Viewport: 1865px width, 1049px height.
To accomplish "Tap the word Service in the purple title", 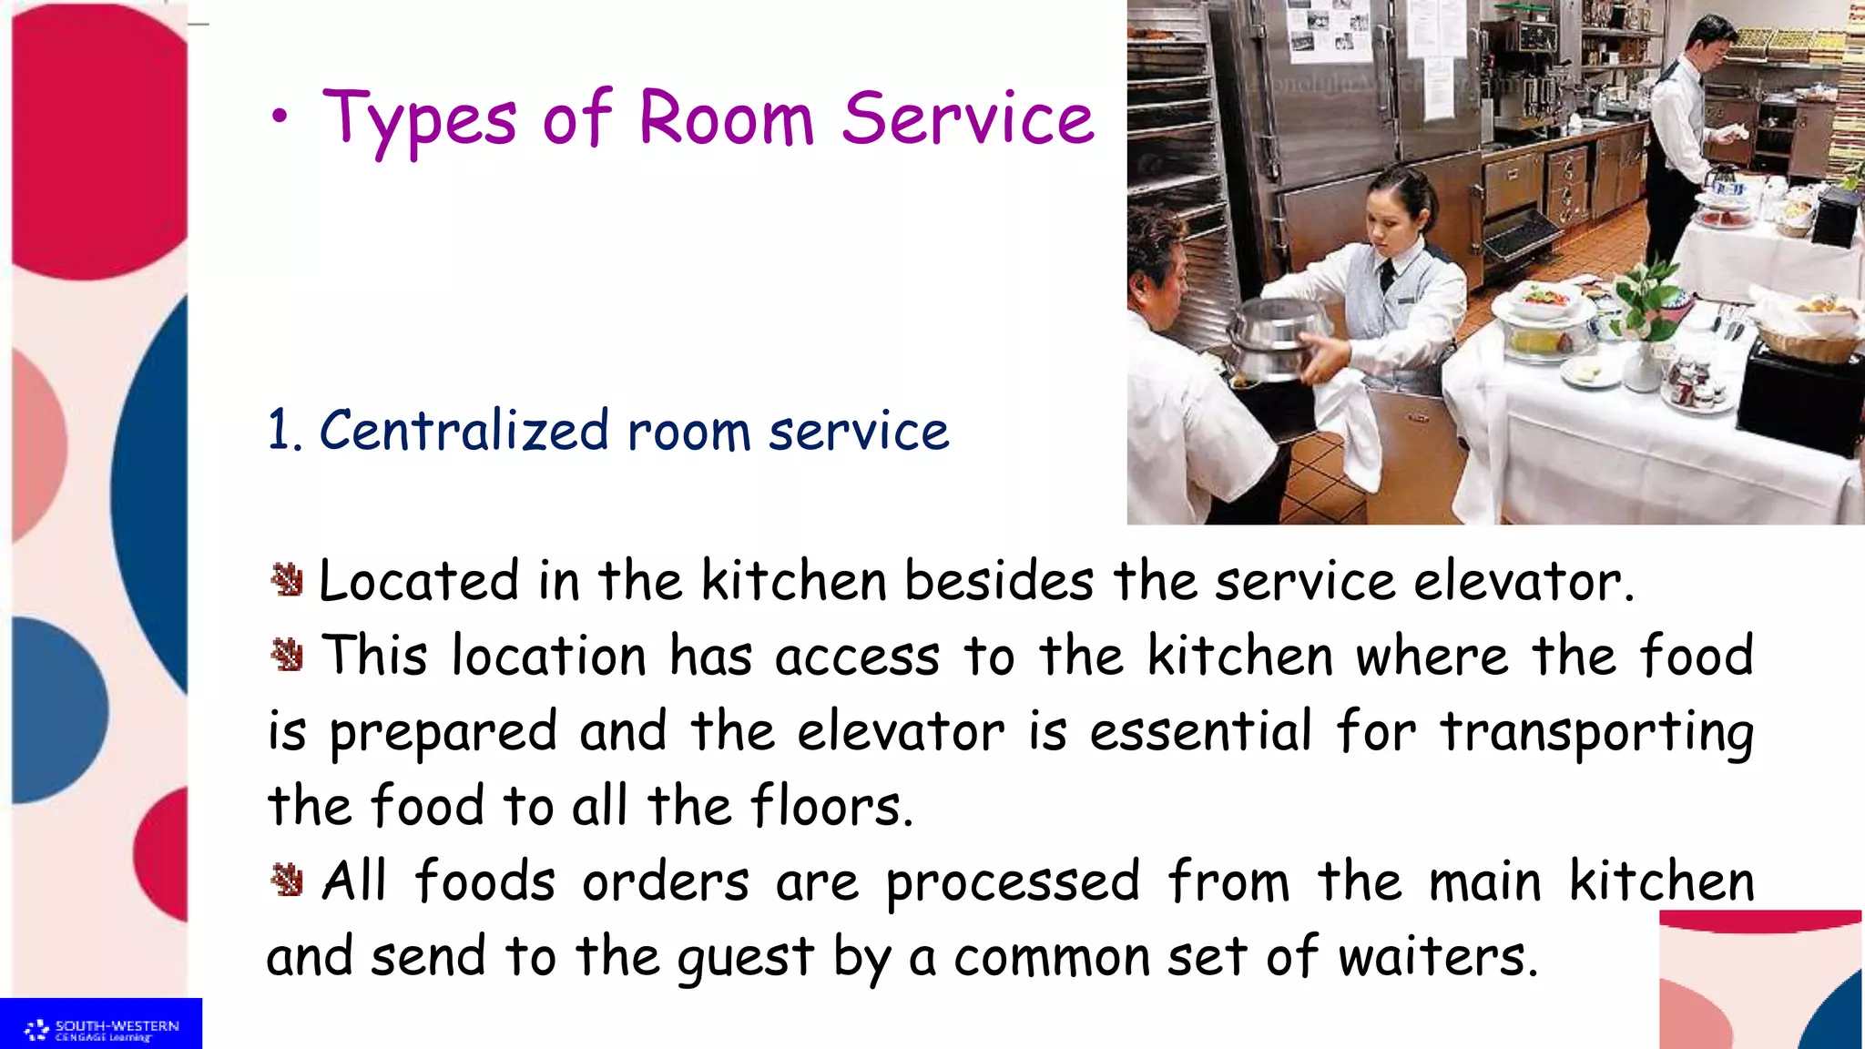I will click(x=967, y=120).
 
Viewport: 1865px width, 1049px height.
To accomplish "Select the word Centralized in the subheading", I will click(x=464, y=431).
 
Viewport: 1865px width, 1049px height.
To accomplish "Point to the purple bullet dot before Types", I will click(x=280, y=117).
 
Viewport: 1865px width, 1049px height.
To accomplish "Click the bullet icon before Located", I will click(x=287, y=579).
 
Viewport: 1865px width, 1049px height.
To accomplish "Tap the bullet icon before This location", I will click(x=287, y=655).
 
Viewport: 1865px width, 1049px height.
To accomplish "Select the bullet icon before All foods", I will click(x=287, y=880).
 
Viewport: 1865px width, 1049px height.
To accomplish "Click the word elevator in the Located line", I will click(x=1523, y=582).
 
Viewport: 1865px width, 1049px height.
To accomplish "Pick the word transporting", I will click(x=1596, y=732).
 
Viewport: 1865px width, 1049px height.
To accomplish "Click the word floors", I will click(x=831, y=807).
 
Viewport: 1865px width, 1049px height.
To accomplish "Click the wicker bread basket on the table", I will click(x=1808, y=337).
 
